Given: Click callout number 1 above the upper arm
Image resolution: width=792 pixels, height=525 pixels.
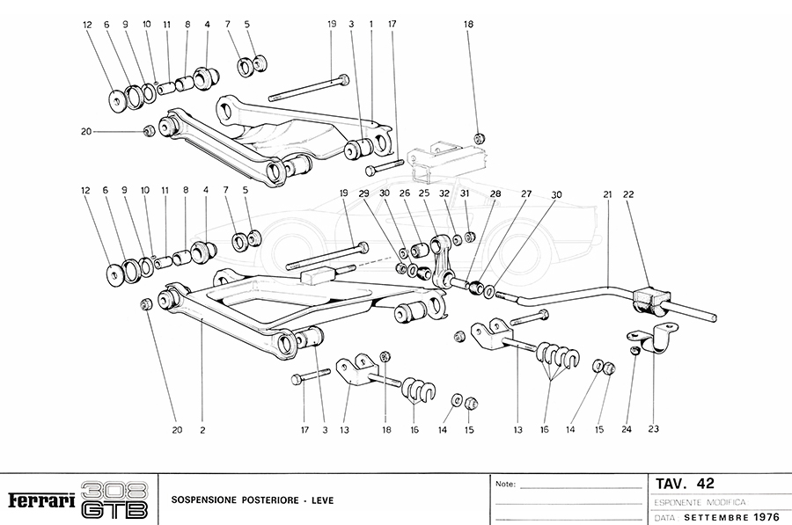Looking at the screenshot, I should pyautogui.click(x=372, y=26).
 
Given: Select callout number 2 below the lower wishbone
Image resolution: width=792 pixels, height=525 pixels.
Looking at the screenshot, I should pyautogui.click(x=202, y=430).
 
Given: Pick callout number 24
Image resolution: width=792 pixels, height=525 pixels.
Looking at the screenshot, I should pyautogui.click(x=627, y=430).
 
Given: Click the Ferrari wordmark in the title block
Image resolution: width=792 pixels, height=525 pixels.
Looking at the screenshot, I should pyautogui.click(x=40, y=500).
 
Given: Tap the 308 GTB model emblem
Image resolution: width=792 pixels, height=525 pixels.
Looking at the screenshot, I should pyautogui.click(x=114, y=500).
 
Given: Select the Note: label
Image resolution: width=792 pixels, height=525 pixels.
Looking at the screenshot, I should pyautogui.click(x=506, y=484).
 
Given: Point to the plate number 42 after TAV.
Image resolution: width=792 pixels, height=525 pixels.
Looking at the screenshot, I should pyautogui.click(x=705, y=483).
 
